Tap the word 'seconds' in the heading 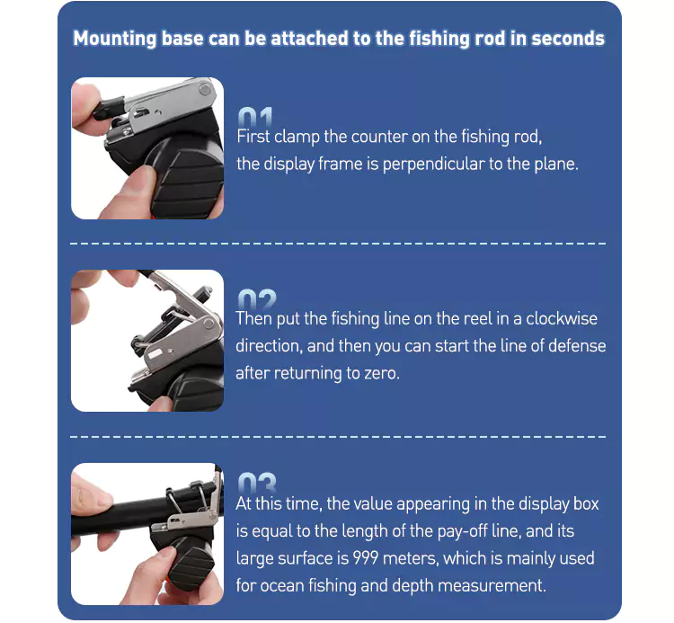click(567, 40)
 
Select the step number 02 click(255, 299)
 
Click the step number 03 click(256, 483)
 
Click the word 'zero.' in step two click(376, 373)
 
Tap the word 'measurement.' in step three click(501, 585)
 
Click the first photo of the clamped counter click(147, 148)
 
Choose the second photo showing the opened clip click(147, 341)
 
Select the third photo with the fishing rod click(147, 533)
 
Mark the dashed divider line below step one click(337, 244)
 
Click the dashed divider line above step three click(337, 436)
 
